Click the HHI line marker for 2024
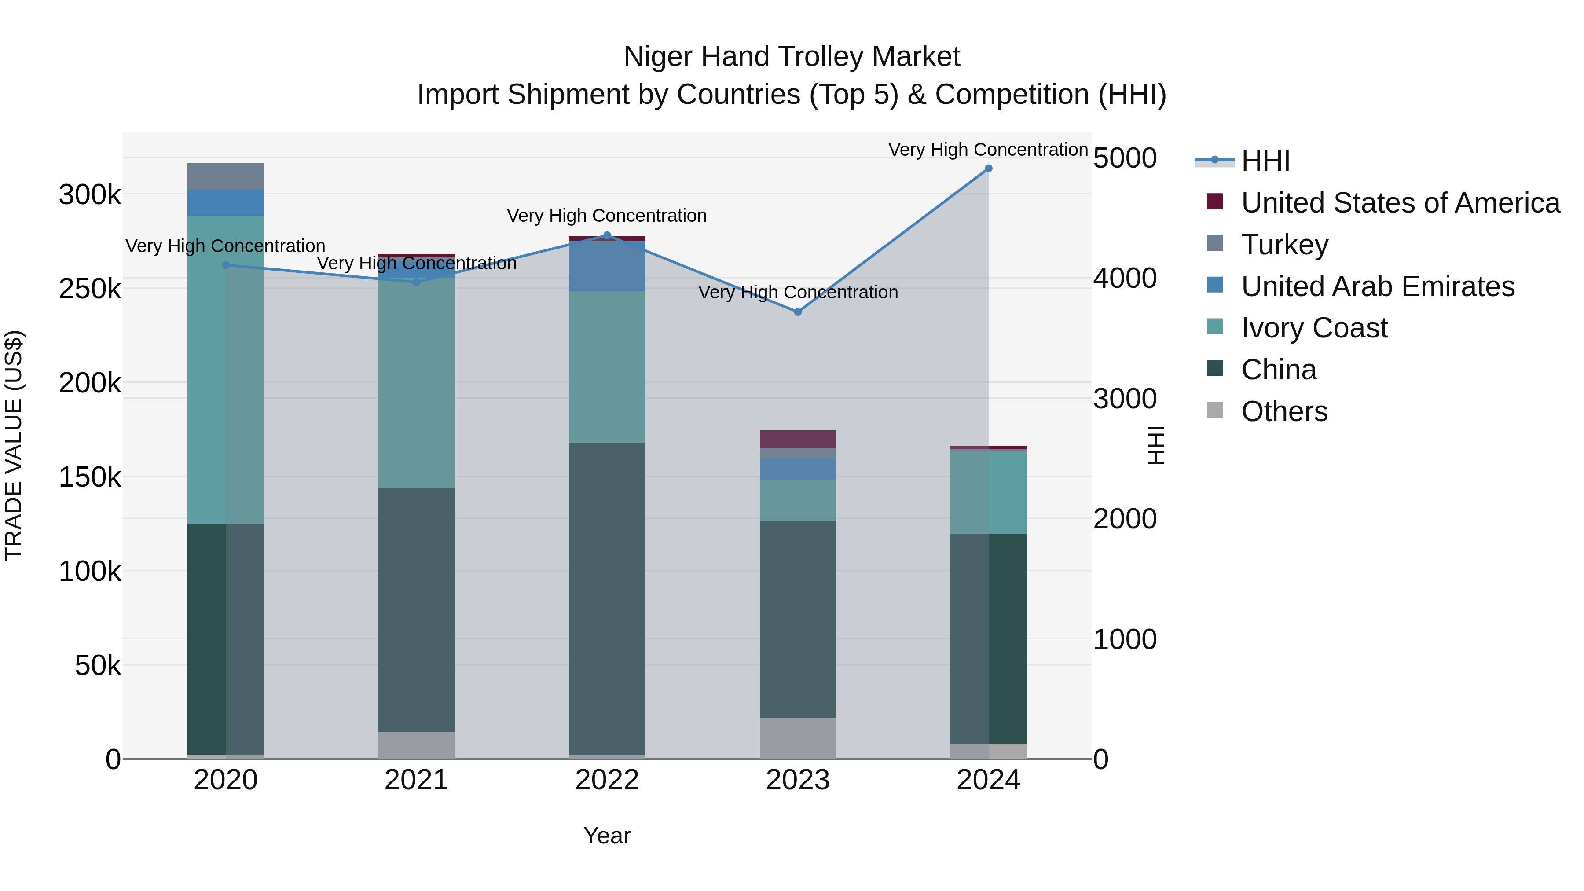point(988,169)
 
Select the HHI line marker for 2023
point(798,312)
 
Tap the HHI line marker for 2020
point(226,265)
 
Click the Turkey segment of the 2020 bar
point(226,176)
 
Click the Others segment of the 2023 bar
point(798,738)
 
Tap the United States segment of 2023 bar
point(798,439)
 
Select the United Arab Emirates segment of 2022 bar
point(607,266)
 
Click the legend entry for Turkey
point(1284,245)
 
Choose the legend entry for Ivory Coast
point(1313,328)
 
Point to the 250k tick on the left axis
point(90,288)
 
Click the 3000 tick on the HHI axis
point(1125,399)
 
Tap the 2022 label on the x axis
point(607,780)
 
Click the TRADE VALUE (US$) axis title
point(14,445)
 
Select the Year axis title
point(607,836)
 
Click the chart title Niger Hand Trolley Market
point(792,57)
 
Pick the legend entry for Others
point(1284,411)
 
